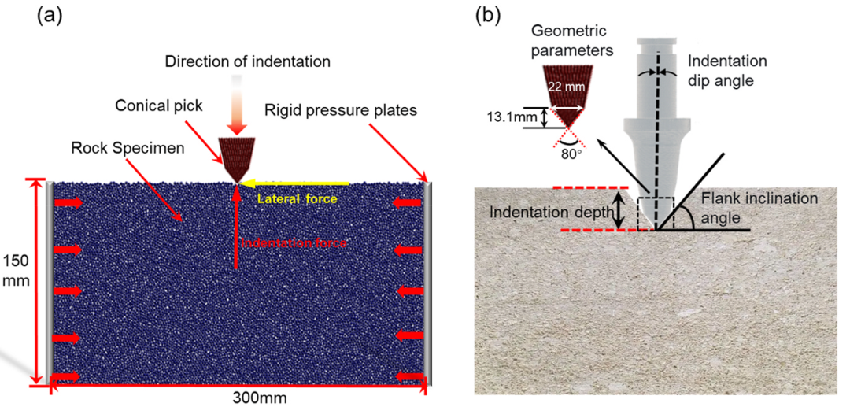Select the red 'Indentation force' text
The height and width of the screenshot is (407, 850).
pyautogui.click(x=294, y=243)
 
